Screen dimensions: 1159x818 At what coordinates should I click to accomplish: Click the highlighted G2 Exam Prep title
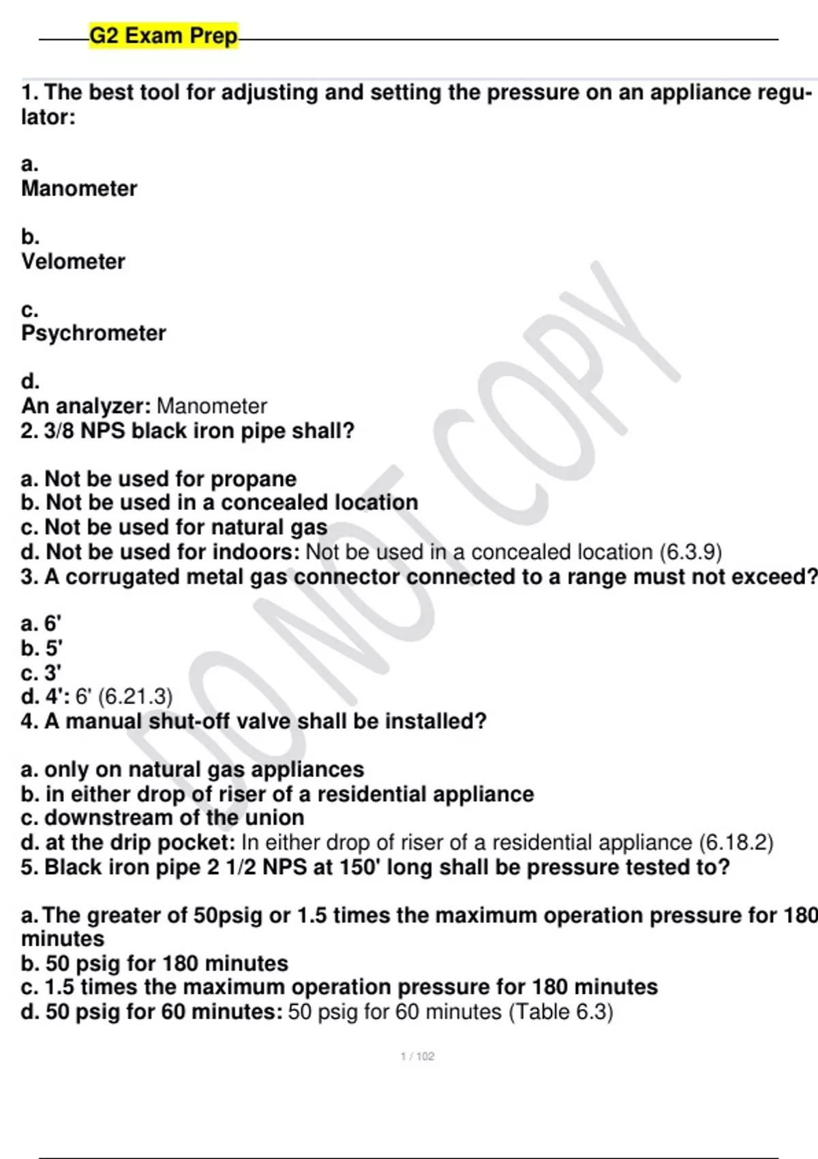click(x=164, y=35)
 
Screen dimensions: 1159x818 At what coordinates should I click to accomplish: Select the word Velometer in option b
click(x=73, y=261)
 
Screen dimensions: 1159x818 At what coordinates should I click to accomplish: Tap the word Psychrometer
click(x=93, y=333)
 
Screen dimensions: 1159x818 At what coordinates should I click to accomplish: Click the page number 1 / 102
click(x=417, y=1056)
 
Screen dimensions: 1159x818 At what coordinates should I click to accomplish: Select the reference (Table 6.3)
click(x=560, y=1011)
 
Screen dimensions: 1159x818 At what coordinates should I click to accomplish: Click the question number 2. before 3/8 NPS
click(x=29, y=431)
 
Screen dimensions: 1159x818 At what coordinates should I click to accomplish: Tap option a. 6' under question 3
click(x=41, y=623)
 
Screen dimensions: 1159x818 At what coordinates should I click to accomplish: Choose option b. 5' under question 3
click(x=41, y=648)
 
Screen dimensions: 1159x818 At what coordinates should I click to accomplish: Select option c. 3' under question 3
click(x=41, y=672)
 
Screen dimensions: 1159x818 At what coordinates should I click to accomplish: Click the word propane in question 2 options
click(x=253, y=479)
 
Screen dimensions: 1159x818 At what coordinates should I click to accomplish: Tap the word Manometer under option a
click(x=79, y=188)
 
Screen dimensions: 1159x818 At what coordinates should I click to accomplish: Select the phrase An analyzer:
click(x=86, y=406)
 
